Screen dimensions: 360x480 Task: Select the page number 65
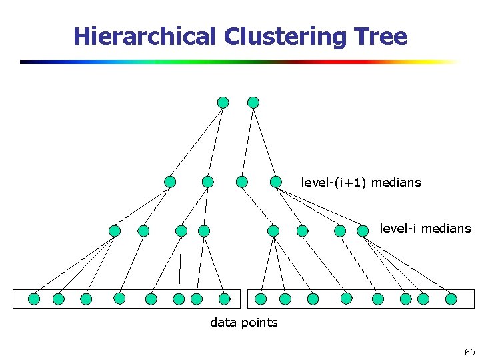pyautogui.click(x=469, y=352)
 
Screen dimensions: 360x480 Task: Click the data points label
pyautogui.click(x=243, y=323)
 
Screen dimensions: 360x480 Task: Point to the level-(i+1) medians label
pyautogui.click(x=361, y=182)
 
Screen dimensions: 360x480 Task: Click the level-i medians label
pyautogui.click(x=425, y=229)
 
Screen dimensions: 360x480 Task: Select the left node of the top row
pyautogui.click(x=223, y=102)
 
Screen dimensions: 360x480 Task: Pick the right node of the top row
pyautogui.click(x=253, y=102)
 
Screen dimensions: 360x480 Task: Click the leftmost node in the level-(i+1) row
pyautogui.click(x=171, y=181)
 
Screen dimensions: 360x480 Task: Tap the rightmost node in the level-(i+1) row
pyautogui.click(x=275, y=181)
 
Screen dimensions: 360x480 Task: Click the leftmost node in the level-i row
pyautogui.click(x=115, y=231)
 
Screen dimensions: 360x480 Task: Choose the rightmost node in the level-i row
pyautogui.click(x=363, y=231)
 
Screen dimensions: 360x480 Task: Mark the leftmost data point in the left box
pyautogui.click(x=34, y=299)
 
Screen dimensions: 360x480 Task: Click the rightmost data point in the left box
pyautogui.click(x=225, y=299)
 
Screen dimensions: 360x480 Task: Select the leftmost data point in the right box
pyautogui.click(x=261, y=299)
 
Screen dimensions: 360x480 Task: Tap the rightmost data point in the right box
pyautogui.click(x=451, y=299)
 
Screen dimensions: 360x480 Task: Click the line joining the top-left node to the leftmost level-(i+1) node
pyautogui.click(x=197, y=142)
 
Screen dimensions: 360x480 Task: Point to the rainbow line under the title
pyautogui.click(x=240, y=62)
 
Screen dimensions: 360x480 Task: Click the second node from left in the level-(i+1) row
pyautogui.click(x=208, y=181)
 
